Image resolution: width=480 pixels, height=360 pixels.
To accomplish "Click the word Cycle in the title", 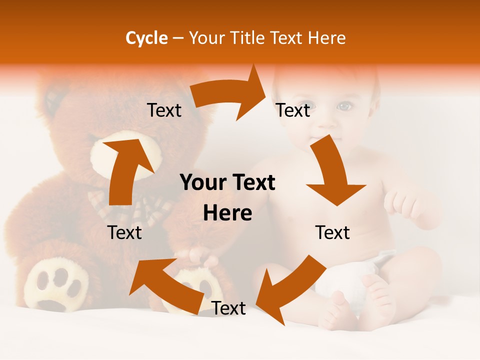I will tap(146, 38).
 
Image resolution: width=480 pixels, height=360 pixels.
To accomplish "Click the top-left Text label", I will tap(164, 110).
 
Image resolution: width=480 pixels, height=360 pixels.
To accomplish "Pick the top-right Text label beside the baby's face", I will tap(293, 110).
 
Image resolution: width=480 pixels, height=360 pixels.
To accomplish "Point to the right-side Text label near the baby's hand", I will tap(332, 232).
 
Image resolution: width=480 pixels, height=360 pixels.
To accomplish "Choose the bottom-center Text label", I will tap(228, 308).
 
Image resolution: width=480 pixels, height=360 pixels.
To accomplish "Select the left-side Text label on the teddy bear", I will tap(124, 232).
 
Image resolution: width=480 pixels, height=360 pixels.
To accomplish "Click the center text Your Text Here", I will tap(227, 197).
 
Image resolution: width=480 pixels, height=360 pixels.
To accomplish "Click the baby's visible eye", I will tap(344, 106).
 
